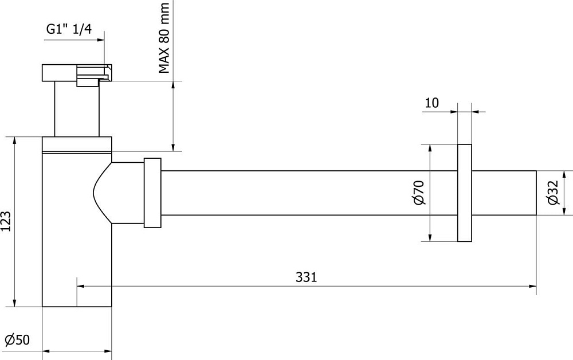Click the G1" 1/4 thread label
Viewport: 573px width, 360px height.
click(69, 29)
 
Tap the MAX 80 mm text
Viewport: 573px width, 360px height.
click(164, 38)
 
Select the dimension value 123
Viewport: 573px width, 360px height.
click(6, 221)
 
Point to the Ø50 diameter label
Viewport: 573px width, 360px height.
click(18, 340)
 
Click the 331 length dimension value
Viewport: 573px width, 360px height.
click(306, 277)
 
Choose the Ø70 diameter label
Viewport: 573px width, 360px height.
click(419, 193)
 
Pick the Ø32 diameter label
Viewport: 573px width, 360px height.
click(553, 193)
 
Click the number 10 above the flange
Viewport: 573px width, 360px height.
click(431, 103)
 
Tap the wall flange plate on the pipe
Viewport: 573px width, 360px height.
click(465, 193)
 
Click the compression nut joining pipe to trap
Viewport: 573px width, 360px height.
click(152, 193)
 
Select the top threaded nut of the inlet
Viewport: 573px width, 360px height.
click(77, 73)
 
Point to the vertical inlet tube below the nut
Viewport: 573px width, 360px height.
click(77, 109)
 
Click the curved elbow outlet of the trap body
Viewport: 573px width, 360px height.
click(117, 193)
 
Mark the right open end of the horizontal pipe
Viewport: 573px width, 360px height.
click(536, 193)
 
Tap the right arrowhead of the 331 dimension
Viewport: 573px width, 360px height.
click(533, 286)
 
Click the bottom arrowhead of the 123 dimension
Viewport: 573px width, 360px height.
click(15, 303)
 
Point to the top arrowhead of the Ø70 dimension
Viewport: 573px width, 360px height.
click(430, 148)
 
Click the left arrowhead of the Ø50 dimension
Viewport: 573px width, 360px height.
click(46, 351)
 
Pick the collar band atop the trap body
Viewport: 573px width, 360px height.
click(77, 144)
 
